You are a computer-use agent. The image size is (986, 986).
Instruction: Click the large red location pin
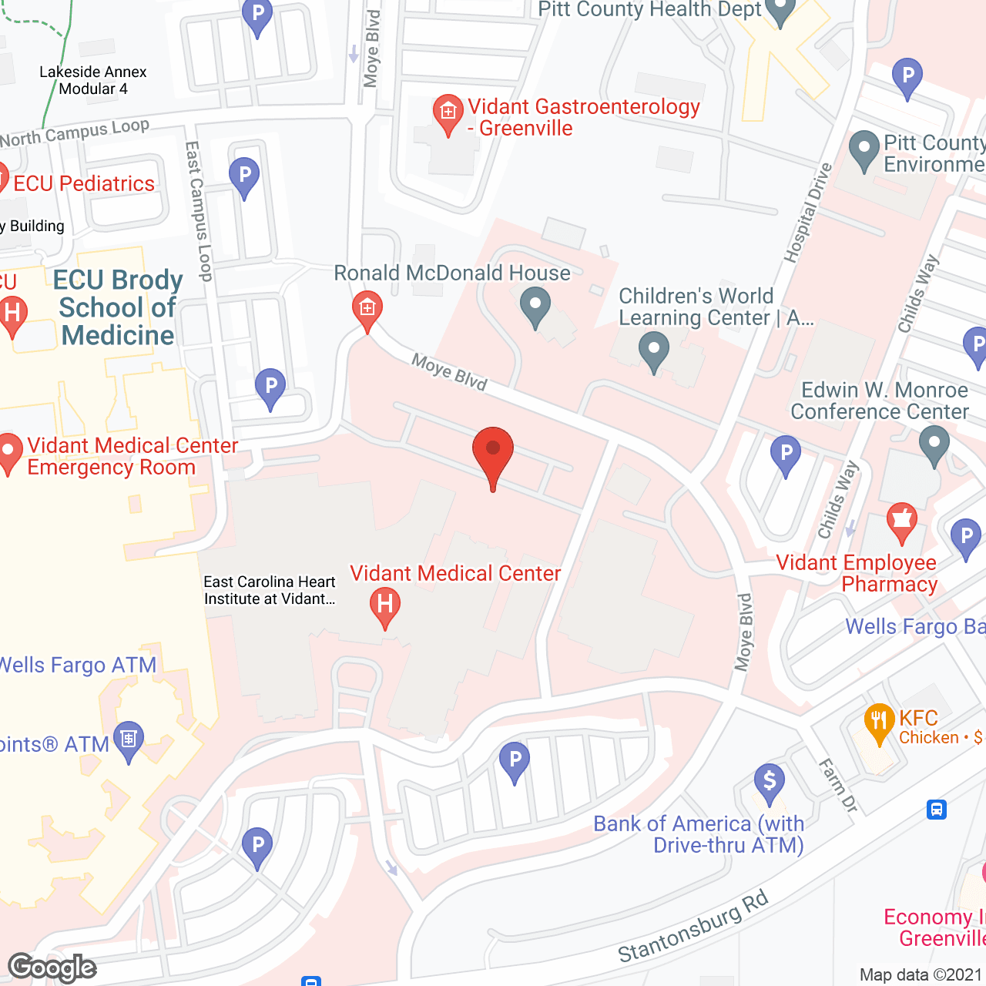492,454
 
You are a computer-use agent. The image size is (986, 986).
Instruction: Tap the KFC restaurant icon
878,724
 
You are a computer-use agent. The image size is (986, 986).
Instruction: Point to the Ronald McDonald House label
452,273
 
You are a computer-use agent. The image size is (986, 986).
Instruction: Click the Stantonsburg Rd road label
693,927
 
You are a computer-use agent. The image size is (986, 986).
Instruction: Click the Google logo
52,967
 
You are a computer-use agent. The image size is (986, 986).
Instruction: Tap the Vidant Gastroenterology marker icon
448,114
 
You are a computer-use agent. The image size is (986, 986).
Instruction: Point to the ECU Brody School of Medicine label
118,307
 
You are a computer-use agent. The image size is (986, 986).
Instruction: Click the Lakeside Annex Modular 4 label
92,80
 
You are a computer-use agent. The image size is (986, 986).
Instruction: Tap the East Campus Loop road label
199,211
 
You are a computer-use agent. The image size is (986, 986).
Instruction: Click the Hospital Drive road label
808,213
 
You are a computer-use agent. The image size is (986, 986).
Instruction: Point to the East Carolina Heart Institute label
270,590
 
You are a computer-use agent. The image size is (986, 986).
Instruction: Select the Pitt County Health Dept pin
780,11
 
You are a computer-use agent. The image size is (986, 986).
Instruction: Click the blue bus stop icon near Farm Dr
937,810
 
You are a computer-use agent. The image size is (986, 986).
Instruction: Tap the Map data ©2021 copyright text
921,974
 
